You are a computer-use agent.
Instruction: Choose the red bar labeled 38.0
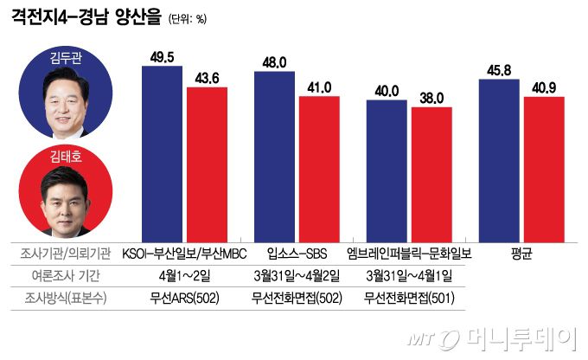pos(431,174)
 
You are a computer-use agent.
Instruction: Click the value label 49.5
pos(162,56)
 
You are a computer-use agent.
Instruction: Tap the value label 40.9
pos(544,87)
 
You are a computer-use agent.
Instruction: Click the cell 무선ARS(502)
pos(183,299)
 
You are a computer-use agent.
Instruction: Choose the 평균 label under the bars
pos(521,254)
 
